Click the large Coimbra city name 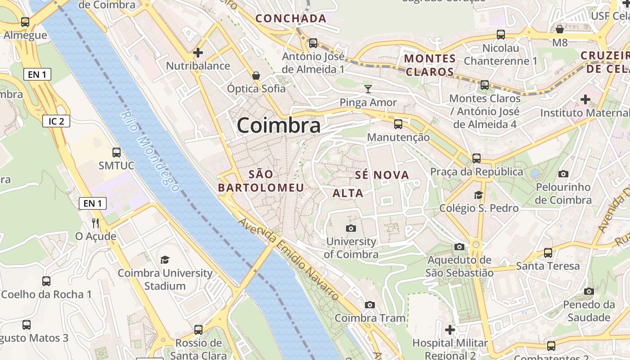(279, 126)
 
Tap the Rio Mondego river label (150, 151)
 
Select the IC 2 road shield (56, 121)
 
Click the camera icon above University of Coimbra (351, 228)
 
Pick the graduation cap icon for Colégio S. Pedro (478, 195)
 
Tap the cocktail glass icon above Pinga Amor (368, 89)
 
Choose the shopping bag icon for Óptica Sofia (256, 75)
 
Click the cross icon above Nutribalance (198, 53)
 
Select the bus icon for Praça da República (477, 158)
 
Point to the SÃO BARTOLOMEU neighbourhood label (261, 181)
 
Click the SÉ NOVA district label (382, 175)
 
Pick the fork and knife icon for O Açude (95, 223)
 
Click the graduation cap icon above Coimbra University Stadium (165, 260)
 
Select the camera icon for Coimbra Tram (370, 305)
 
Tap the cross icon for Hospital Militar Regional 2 (450, 330)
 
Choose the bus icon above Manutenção (398, 124)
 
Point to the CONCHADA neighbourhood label (291, 18)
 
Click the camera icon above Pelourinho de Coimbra (563, 174)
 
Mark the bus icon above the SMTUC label (117, 152)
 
